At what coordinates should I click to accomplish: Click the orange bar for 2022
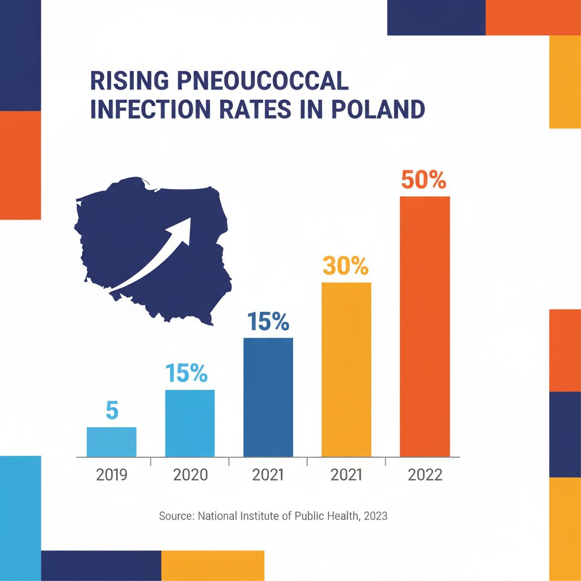click(424, 326)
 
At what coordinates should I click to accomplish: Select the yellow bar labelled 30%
click(346, 369)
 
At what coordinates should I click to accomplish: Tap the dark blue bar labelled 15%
click(268, 397)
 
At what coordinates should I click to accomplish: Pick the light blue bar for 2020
click(190, 423)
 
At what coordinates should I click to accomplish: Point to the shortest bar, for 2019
click(111, 441)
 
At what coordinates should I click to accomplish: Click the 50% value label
click(424, 180)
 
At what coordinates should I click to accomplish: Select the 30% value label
click(346, 266)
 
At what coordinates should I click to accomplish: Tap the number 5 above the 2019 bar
click(111, 411)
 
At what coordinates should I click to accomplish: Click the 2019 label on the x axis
click(112, 475)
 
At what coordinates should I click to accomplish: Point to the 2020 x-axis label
click(190, 475)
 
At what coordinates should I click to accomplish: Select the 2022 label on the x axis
click(424, 475)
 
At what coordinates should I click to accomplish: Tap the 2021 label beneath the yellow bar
click(346, 475)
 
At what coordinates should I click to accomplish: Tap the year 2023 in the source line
click(375, 516)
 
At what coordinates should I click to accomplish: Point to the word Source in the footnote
click(175, 516)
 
